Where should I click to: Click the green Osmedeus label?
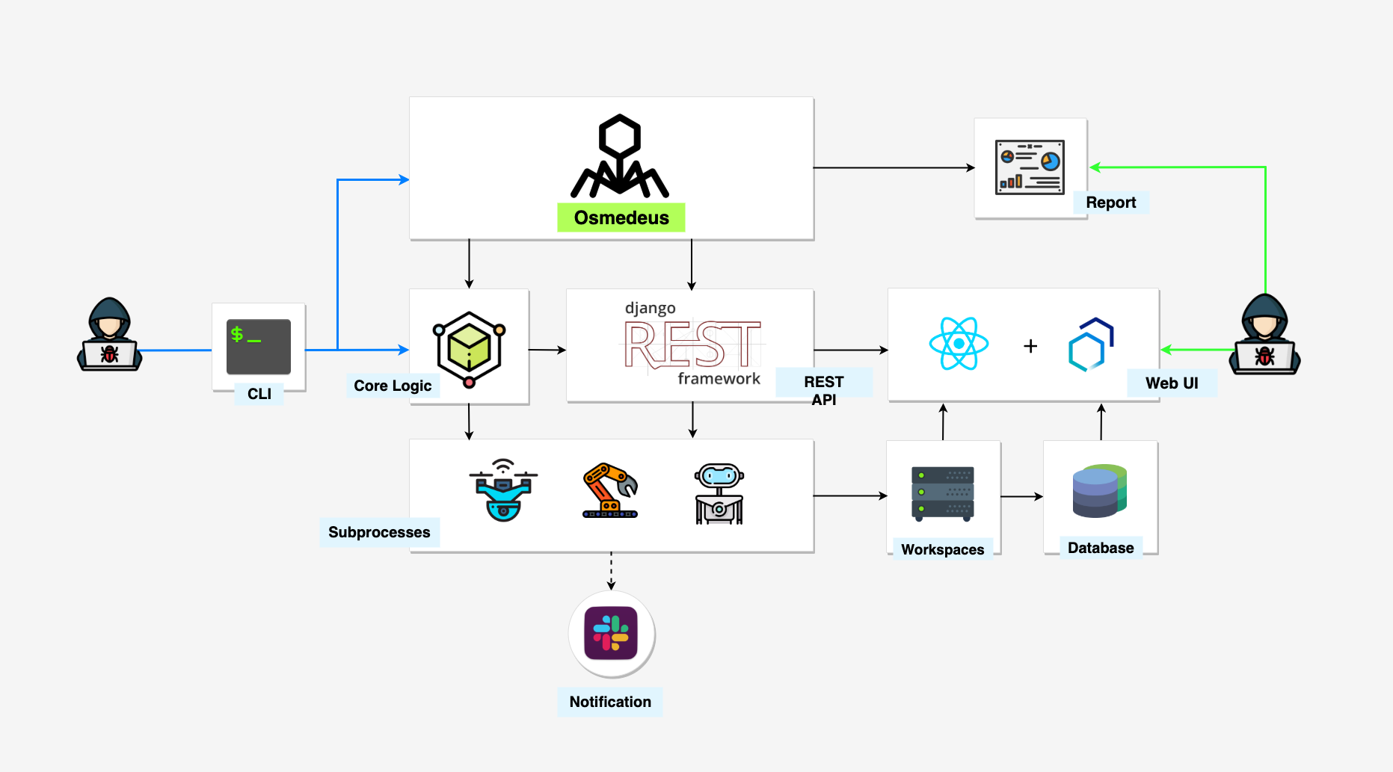[621, 217]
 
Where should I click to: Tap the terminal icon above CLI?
[259, 347]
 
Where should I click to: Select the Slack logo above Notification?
[611, 633]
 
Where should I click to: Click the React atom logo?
[959, 344]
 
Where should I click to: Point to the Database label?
[1100, 548]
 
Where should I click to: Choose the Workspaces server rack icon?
[942, 493]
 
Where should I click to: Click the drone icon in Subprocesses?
[503, 490]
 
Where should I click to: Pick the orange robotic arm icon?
[610, 490]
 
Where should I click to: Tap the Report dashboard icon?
[1030, 167]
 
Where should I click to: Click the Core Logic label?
[393, 386]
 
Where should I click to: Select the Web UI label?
[1172, 383]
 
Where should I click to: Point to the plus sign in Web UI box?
[1030, 346]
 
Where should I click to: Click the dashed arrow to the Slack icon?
[611, 571]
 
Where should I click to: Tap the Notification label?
[610, 702]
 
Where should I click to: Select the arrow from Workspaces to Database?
[1021, 496]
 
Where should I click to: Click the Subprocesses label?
[379, 532]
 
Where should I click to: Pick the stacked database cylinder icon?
[1099, 491]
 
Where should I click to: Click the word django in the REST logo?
[650, 308]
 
